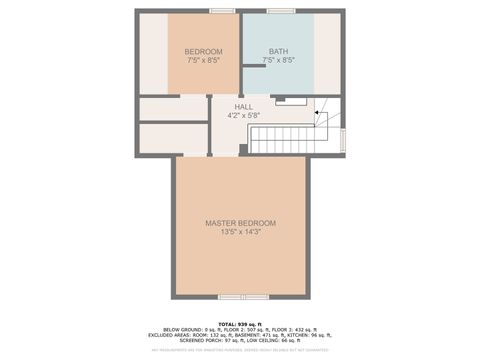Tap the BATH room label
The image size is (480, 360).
click(x=278, y=51)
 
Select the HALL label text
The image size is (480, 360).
click(x=244, y=106)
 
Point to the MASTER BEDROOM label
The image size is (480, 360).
click(x=240, y=222)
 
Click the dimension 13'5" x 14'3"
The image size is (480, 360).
click(x=240, y=231)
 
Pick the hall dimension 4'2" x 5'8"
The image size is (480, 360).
click(x=244, y=115)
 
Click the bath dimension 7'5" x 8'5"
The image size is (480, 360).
click(x=278, y=60)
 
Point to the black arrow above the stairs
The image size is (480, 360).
click(x=318, y=113)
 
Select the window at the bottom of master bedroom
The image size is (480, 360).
click(x=243, y=297)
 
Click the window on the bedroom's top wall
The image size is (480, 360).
click(x=222, y=11)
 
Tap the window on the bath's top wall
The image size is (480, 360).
click(x=280, y=11)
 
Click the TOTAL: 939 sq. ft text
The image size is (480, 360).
click(x=240, y=325)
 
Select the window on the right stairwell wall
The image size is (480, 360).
click(x=343, y=139)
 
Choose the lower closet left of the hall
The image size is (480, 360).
click(x=172, y=138)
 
